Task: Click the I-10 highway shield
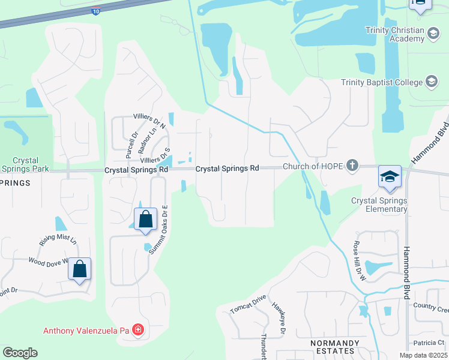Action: coord(96,10)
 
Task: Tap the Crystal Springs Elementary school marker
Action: coord(389,177)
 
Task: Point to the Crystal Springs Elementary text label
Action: coord(379,205)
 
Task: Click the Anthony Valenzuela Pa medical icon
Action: coord(138,330)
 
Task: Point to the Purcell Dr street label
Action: coord(131,145)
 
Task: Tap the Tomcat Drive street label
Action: coord(247,304)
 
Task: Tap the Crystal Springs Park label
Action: coord(25,165)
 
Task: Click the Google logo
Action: coord(20,353)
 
